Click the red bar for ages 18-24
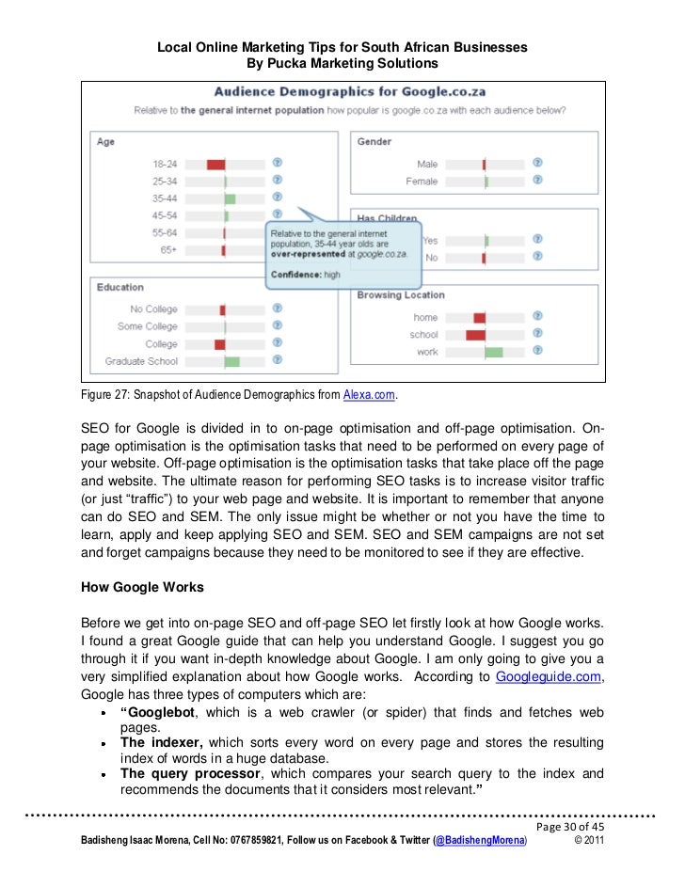click(215, 164)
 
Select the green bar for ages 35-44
click(230, 198)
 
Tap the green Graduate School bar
click(231, 361)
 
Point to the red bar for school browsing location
click(475, 335)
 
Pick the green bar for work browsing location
click(493, 353)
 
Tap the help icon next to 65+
click(278, 251)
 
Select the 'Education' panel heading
click(120, 287)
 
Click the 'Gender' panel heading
click(374, 142)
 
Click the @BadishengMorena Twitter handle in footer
click(480, 844)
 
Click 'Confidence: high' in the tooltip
click(306, 274)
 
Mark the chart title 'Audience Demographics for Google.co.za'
click(342, 92)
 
